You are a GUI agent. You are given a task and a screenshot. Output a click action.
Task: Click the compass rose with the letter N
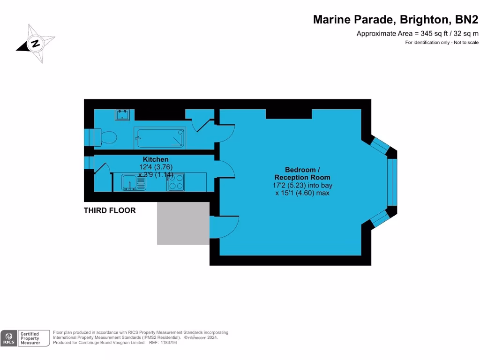click(x=35, y=44)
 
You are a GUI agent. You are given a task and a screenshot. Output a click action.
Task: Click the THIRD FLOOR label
click(x=110, y=210)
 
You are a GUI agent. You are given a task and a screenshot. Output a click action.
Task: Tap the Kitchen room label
click(x=156, y=159)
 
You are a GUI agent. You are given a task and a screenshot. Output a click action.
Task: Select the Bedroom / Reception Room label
click(x=302, y=173)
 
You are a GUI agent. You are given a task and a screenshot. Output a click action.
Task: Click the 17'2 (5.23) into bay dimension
click(x=302, y=185)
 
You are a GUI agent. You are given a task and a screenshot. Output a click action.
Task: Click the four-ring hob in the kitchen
click(x=176, y=182)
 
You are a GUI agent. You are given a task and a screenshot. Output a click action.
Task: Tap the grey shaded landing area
click(x=183, y=224)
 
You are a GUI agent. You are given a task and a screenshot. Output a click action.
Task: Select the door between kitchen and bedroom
click(x=224, y=169)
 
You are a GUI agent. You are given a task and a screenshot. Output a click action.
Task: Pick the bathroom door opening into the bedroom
click(x=224, y=134)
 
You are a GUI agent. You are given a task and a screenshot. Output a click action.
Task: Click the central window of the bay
click(x=392, y=182)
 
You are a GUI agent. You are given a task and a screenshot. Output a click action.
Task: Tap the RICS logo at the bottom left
click(x=8, y=338)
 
